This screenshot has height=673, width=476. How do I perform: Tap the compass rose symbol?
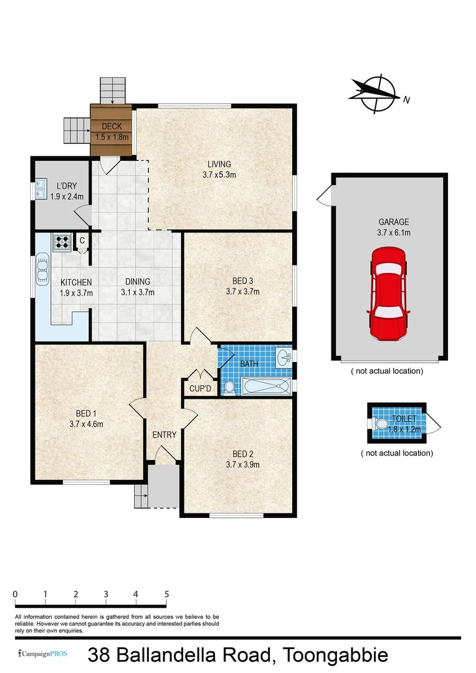[376, 95]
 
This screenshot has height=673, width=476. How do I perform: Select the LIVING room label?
[219, 165]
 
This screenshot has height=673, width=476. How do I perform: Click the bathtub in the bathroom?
[266, 387]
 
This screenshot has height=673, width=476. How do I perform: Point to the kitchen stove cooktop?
[62, 242]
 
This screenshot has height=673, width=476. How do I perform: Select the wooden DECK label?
[112, 127]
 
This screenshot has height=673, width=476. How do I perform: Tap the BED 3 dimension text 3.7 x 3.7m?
[242, 291]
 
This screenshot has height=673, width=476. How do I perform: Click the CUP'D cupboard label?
[201, 389]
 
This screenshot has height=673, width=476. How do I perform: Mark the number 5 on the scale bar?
[166, 594]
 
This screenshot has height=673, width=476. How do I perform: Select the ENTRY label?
[164, 434]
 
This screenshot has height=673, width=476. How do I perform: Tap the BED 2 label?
[242, 454]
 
